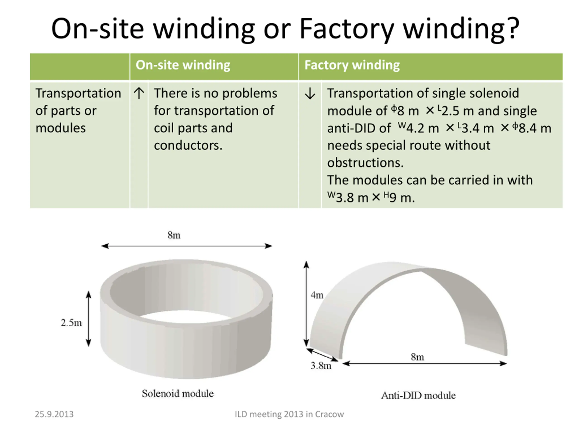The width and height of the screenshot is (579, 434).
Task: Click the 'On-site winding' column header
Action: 183,65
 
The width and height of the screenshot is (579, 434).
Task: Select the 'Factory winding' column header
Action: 352,65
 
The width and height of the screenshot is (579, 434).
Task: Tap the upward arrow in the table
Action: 139,93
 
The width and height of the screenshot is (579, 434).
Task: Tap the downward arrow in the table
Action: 310,94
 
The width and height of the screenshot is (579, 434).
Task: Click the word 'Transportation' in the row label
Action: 78,93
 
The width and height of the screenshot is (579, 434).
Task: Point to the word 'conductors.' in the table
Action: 188,145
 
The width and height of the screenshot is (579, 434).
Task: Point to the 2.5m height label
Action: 71,323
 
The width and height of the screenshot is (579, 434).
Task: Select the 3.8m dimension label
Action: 321,366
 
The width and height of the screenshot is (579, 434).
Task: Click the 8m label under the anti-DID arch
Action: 417,357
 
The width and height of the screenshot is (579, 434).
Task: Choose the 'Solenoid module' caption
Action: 178,394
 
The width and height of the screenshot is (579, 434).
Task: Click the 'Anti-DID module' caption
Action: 418,395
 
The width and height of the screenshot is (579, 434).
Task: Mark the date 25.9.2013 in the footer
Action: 54,414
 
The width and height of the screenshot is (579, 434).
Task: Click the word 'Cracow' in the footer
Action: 329,414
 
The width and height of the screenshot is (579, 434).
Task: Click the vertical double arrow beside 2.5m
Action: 89,319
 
